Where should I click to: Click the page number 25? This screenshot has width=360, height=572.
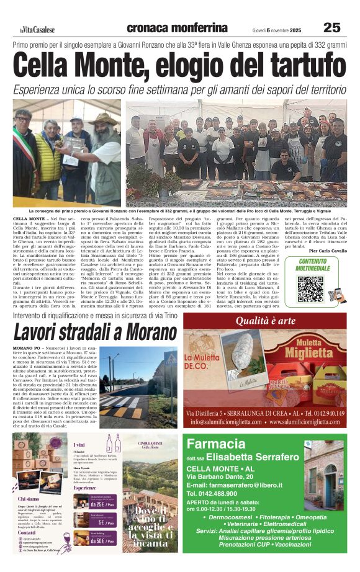332,27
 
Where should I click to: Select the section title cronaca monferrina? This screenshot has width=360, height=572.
177,27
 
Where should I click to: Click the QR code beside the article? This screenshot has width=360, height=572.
310,288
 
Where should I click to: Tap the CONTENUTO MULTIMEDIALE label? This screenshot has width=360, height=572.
313,265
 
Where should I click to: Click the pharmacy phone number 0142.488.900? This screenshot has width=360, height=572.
222,494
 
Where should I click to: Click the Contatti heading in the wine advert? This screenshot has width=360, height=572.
27,532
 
